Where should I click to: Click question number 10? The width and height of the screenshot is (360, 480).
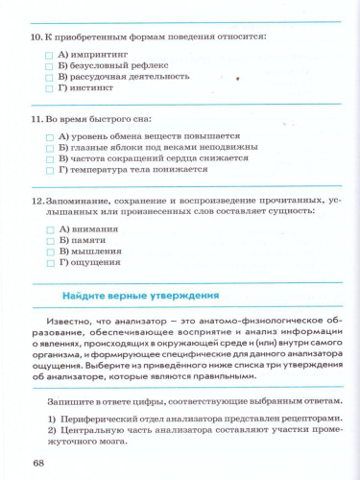pos(36,36)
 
